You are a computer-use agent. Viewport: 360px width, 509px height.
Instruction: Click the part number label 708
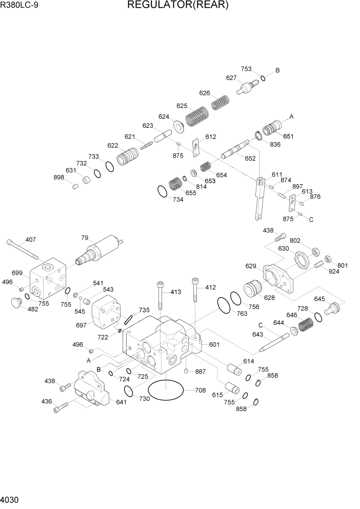pyautogui.click(x=201, y=390)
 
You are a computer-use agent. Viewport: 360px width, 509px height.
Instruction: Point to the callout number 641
pyautogui.click(x=121, y=402)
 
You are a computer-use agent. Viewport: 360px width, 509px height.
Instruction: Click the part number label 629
pyautogui.click(x=251, y=266)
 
